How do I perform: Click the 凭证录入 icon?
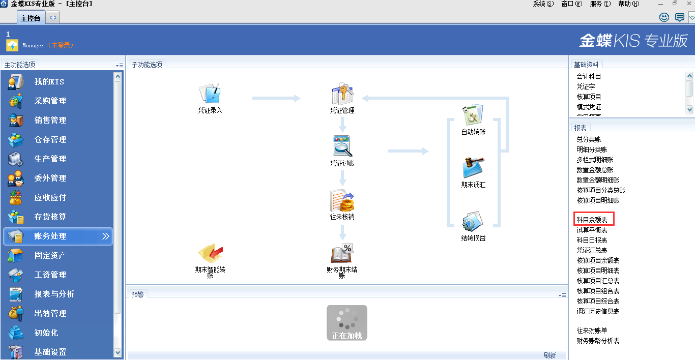(x=210, y=94)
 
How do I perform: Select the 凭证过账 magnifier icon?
(x=342, y=146)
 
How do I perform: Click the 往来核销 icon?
(x=342, y=201)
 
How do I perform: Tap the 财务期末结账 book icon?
(x=342, y=254)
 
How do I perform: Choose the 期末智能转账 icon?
(x=210, y=254)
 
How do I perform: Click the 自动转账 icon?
(x=473, y=115)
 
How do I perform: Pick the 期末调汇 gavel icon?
(x=473, y=168)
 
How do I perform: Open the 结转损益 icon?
(x=473, y=222)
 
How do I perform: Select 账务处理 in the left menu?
(x=50, y=236)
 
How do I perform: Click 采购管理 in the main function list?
(x=50, y=101)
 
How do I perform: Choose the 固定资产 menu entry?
(x=50, y=255)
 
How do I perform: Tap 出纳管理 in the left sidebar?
(x=50, y=313)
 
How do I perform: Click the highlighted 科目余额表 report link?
(x=592, y=220)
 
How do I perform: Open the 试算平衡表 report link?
(x=592, y=230)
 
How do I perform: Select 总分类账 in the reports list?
(x=589, y=139)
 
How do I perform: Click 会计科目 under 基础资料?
(x=589, y=76)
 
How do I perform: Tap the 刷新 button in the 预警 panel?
(x=549, y=355)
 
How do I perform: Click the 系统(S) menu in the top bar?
(x=543, y=4)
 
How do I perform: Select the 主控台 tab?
(x=31, y=18)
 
